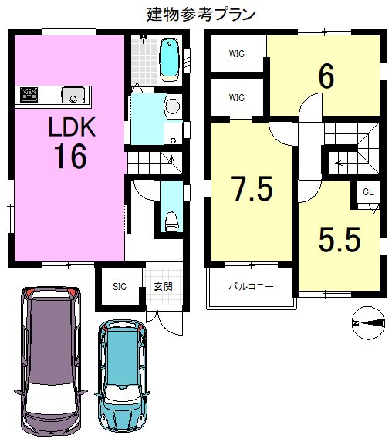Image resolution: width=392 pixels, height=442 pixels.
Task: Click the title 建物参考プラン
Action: coord(201,14)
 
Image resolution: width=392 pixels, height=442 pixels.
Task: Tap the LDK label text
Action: coord(72,127)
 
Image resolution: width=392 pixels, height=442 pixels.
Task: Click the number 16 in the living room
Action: coord(70,156)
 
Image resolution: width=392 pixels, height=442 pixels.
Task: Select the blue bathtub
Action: coord(170,60)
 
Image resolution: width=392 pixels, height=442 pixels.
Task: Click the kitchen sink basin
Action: coord(73,95)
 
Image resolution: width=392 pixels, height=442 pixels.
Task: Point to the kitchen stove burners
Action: coord(29,94)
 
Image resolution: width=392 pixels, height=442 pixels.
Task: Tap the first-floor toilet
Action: coord(171,222)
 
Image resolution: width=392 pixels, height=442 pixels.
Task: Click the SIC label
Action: coord(120,287)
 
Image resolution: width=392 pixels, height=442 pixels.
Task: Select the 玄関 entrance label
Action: coord(164,287)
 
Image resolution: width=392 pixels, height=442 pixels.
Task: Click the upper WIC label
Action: coord(237,54)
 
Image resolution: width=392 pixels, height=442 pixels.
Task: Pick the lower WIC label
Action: coord(237,98)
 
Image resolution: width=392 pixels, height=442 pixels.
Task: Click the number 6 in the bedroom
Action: coord(326,76)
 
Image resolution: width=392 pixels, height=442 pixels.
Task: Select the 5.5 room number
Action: coord(340,239)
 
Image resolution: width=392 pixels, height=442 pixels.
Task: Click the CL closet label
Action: coord(368,192)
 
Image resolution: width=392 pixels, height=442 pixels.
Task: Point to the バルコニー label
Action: coord(251,287)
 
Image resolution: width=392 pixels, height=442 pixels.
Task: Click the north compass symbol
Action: coord(369,323)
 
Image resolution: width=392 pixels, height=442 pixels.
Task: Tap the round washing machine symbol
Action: coord(172,106)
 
